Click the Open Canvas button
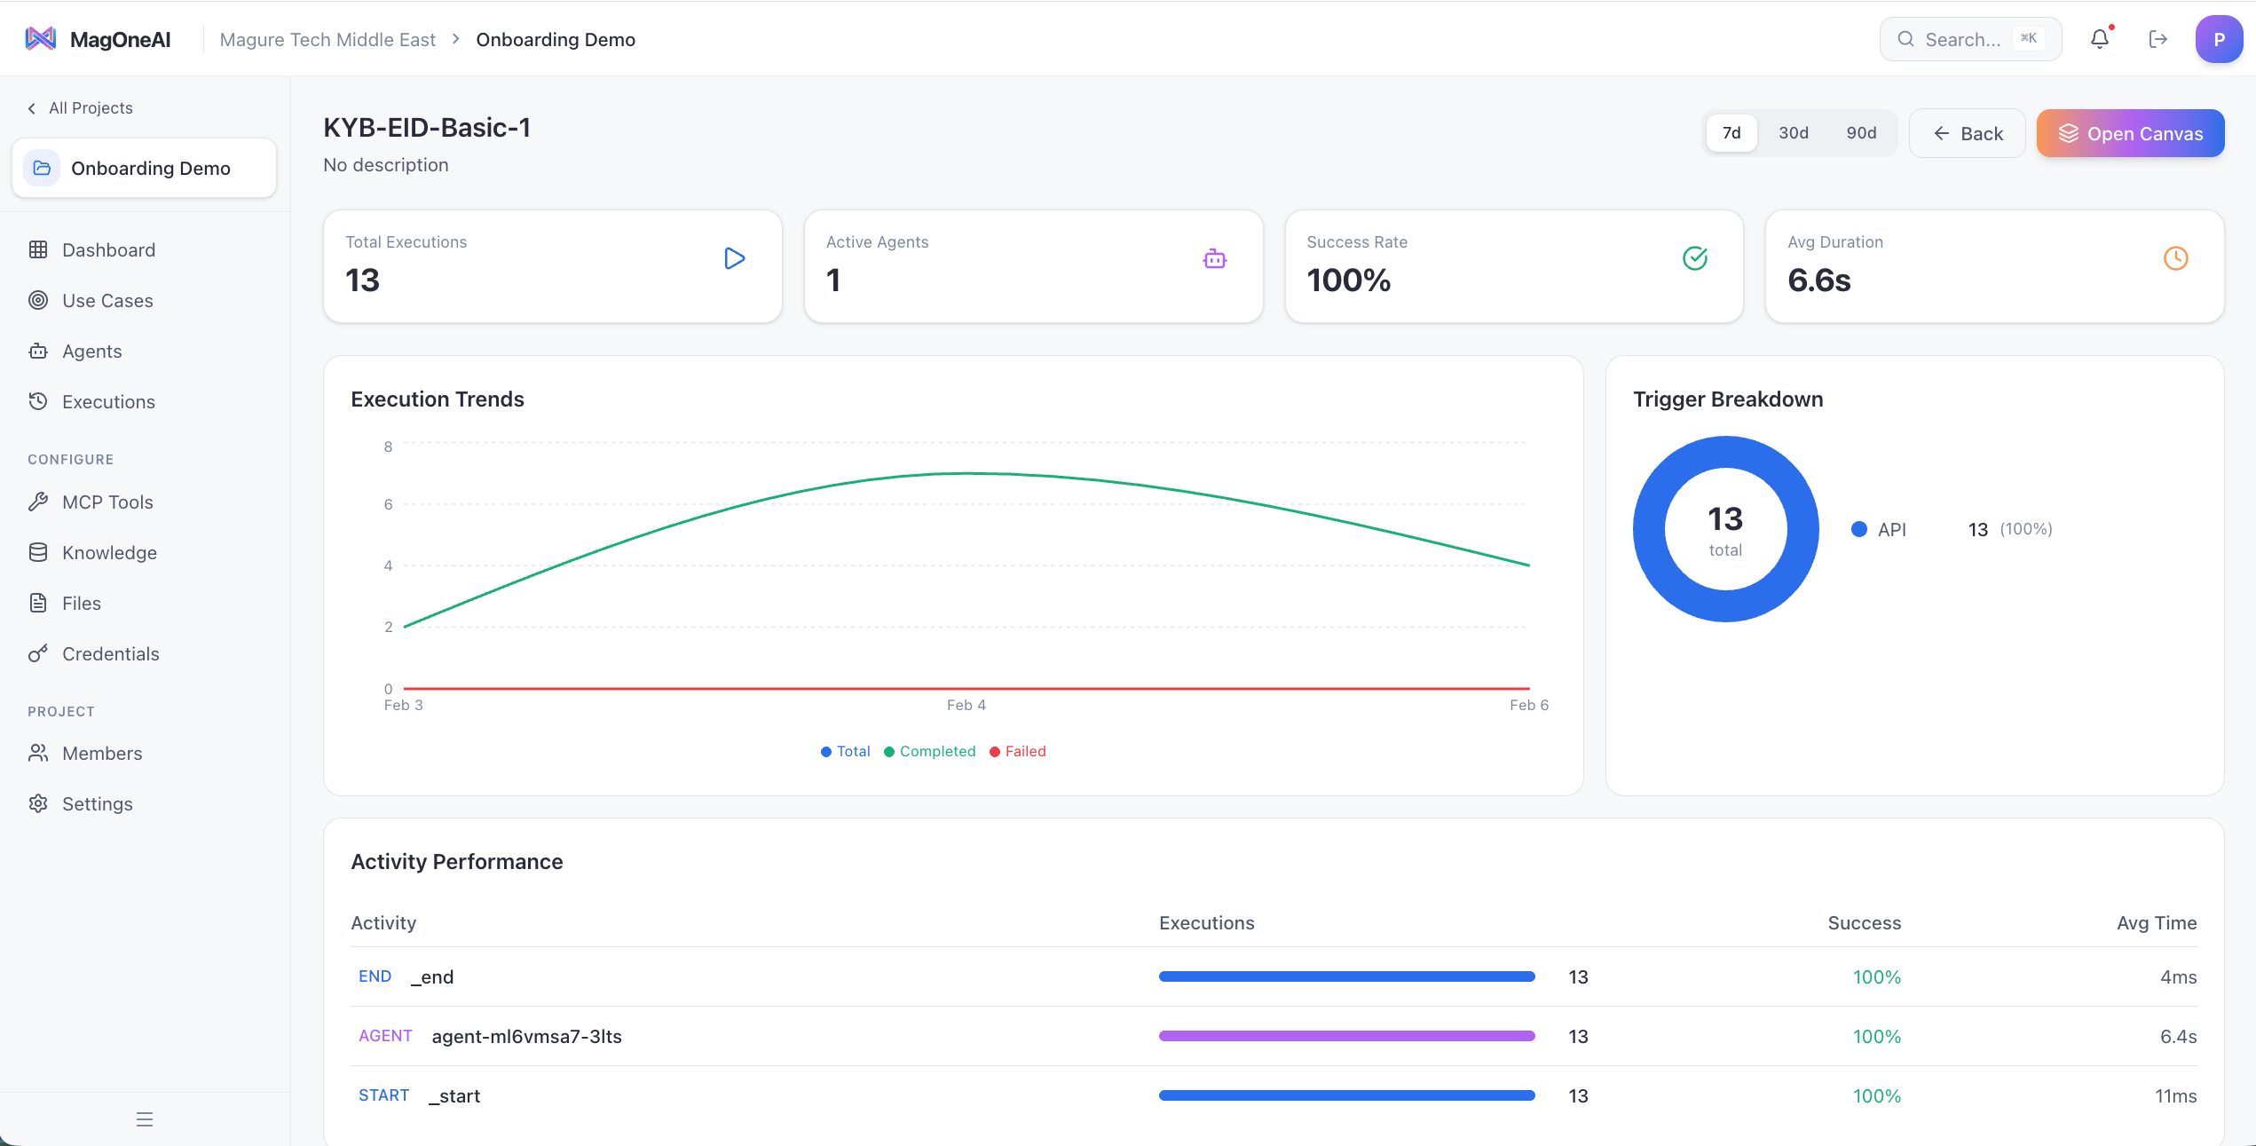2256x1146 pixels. tap(2130, 134)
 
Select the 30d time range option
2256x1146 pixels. tap(1793, 133)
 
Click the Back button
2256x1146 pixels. tap(1968, 134)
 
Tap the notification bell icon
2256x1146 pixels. tap(2099, 39)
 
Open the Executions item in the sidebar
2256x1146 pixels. tap(107, 402)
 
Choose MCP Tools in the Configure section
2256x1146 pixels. tap(106, 502)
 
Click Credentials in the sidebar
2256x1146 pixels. tap(110, 654)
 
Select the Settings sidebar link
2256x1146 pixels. tap(97, 804)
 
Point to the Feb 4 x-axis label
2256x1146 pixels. tap(966, 705)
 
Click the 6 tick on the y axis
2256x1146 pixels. tap(388, 504)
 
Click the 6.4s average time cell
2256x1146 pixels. tap(2177, 1037)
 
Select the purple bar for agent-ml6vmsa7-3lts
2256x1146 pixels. tap(1346, 1036)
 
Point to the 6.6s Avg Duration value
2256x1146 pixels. tap(1818, 281)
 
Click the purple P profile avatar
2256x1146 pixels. tap(2218, 39)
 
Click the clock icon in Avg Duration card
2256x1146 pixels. tap(2175, 258)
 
